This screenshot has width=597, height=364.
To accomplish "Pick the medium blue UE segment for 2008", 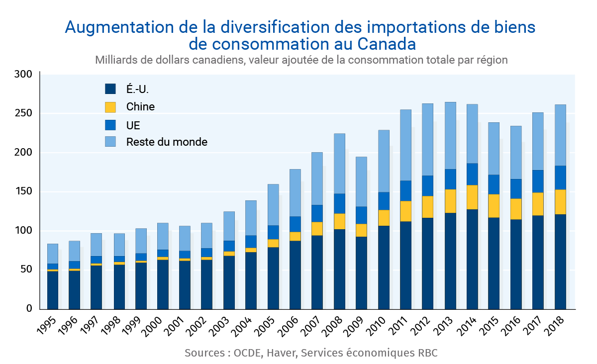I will click(x=340, y=203).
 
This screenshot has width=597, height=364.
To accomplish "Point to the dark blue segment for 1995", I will click(x=53, y=290).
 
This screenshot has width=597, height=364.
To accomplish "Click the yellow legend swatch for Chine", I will click(x=110, y=107).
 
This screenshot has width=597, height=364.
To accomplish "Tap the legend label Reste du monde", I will click(x=167, y=142).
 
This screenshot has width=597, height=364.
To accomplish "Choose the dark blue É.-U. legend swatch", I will click(x=110, y=90).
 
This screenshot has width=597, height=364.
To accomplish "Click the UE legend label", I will click(x=133, y=124).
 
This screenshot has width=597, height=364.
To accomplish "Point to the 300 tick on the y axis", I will click(x=23, y=75).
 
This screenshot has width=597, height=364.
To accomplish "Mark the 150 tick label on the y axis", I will click(x=23, y=192).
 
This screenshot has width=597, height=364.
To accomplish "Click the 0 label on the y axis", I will click(x=29, y=309).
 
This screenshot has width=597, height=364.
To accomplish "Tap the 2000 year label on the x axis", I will click(x=159, y=325).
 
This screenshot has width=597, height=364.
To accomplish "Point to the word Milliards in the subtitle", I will click(x=115, y=60).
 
